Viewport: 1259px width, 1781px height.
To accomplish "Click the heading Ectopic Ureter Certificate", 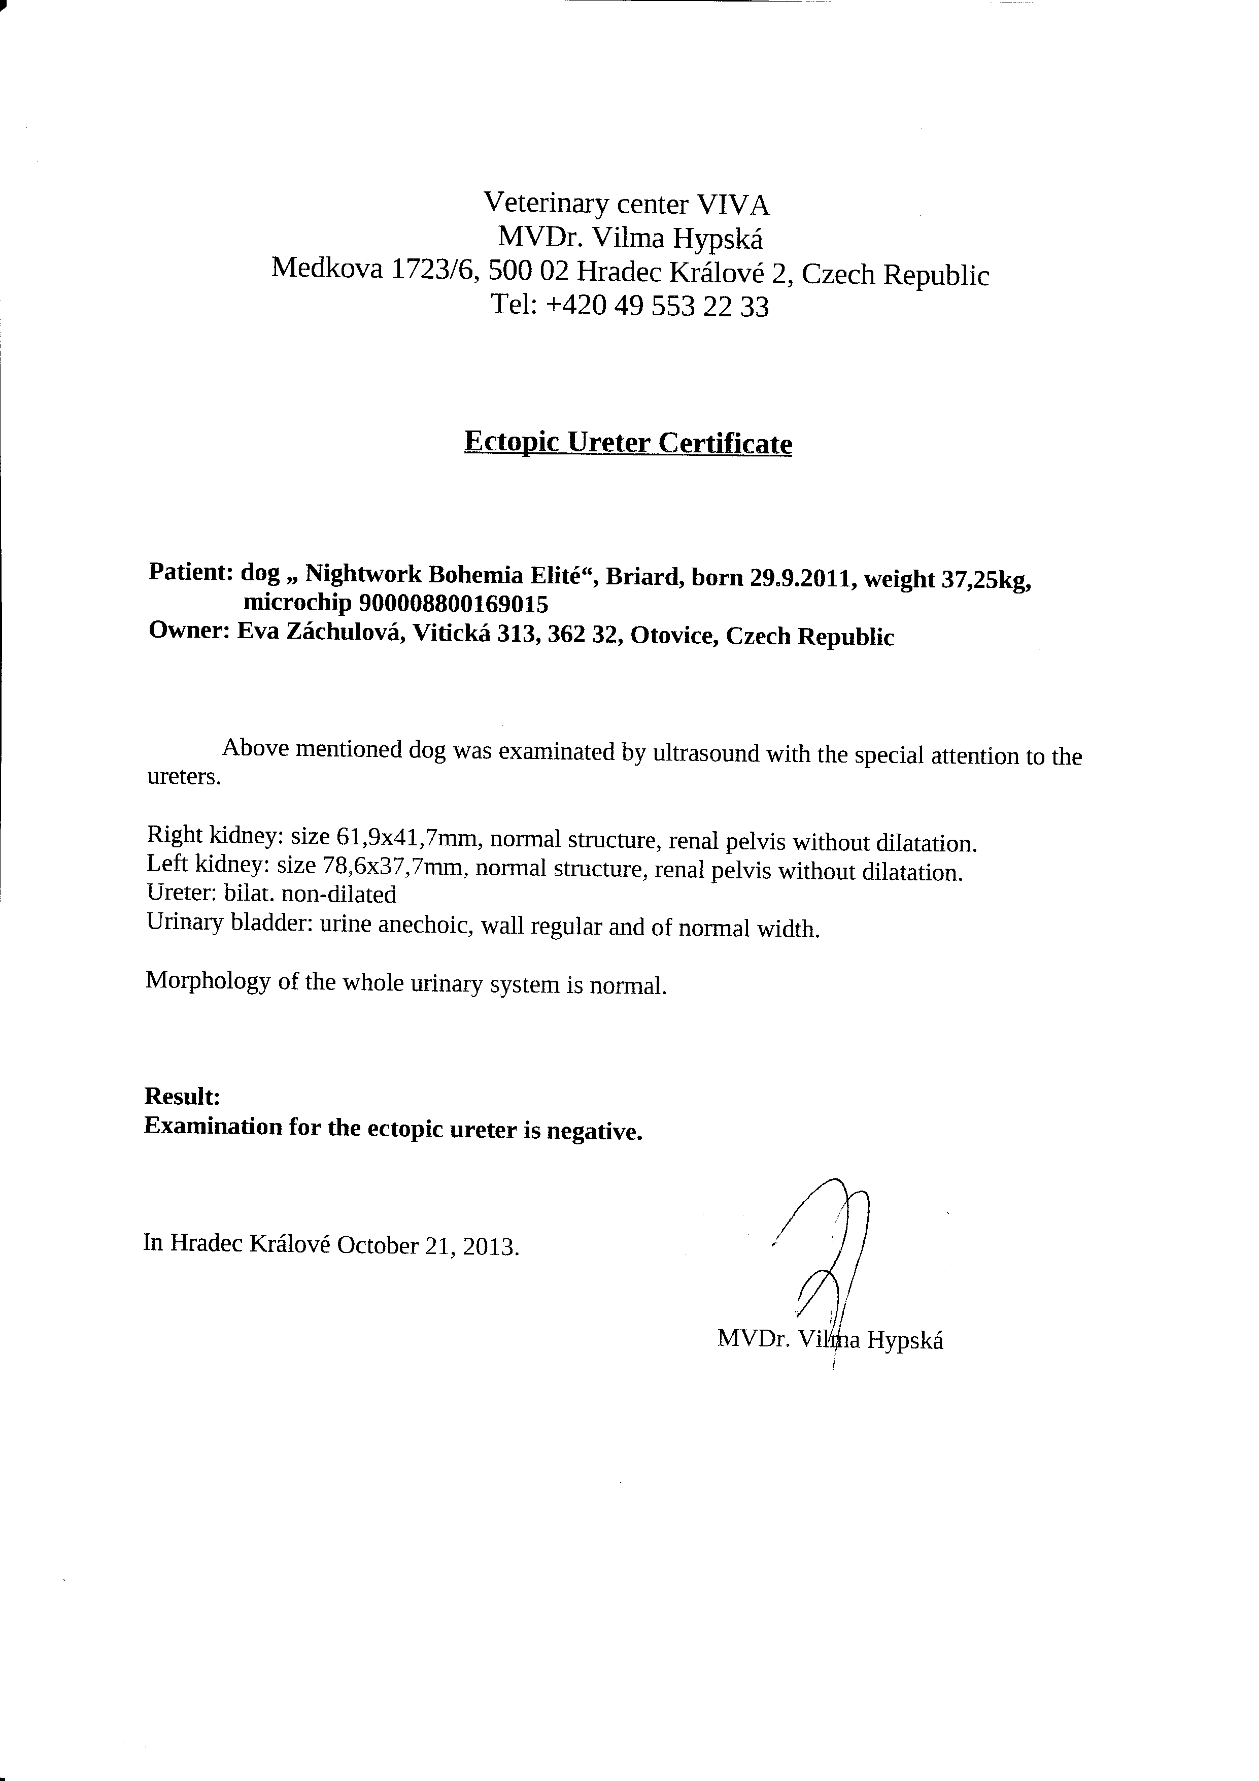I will tap(628, 443).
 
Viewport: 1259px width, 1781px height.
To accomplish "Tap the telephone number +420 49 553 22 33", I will tap(657, 307).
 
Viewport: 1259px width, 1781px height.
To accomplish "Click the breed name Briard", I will tap(640, 576).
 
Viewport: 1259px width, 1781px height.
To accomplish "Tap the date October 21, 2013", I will tap(428, 1246).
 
